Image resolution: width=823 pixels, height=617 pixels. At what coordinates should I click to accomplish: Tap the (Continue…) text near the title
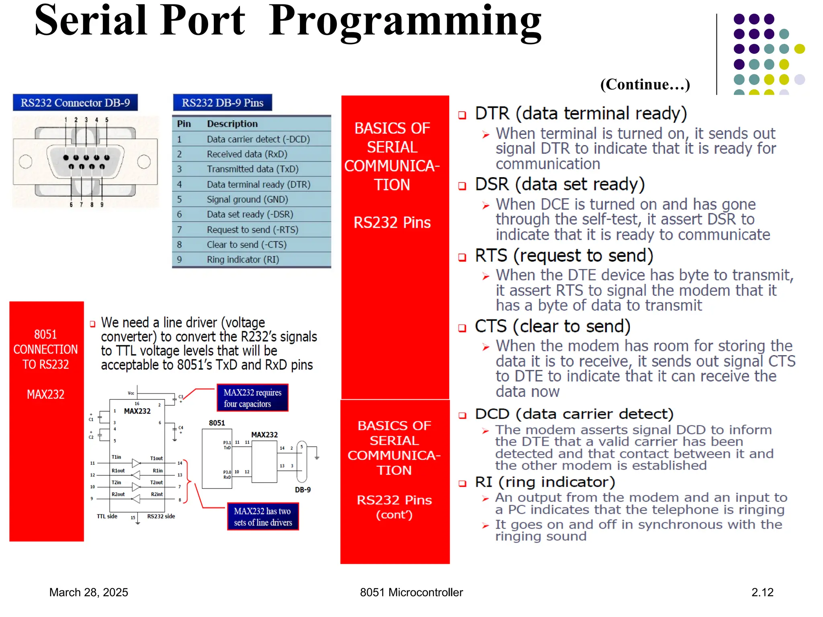(645, 85)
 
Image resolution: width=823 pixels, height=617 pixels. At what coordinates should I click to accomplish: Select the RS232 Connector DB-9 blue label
(75, 103)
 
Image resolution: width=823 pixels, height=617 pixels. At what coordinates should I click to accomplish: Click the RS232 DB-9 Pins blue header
(222, 103)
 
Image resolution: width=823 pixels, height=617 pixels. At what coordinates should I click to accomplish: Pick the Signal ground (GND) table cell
(247, 199)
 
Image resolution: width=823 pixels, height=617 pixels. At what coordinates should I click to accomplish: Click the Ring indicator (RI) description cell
(243, 259)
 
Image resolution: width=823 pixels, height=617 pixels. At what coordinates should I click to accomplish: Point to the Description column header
(232, 124)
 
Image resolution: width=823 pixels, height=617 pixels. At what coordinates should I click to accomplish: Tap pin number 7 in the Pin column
(179, 230)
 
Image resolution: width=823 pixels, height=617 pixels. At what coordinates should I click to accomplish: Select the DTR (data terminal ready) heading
(581, 114)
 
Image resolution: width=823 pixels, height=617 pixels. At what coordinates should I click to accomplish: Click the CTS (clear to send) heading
(552, 327)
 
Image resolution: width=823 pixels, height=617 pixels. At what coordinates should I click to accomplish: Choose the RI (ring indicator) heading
(545, 482)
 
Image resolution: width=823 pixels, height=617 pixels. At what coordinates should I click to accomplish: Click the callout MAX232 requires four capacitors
(252, 398)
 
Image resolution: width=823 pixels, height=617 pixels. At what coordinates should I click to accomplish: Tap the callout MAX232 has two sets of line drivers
(263, 517)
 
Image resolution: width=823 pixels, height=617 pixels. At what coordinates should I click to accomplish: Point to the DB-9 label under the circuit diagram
(303, 490)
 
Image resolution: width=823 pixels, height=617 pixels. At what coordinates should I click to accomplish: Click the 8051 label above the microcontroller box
(217, 423)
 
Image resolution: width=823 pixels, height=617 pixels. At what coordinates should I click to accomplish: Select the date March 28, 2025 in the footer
(88, 592)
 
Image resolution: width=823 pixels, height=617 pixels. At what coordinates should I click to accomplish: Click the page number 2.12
(762, 592)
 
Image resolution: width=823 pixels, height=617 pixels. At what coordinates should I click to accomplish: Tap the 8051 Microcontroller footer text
(411, 592)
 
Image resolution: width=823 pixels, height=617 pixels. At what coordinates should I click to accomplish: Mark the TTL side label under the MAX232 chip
(107, 517)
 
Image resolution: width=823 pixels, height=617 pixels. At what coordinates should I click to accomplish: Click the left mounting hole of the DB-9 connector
(26, 161)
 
